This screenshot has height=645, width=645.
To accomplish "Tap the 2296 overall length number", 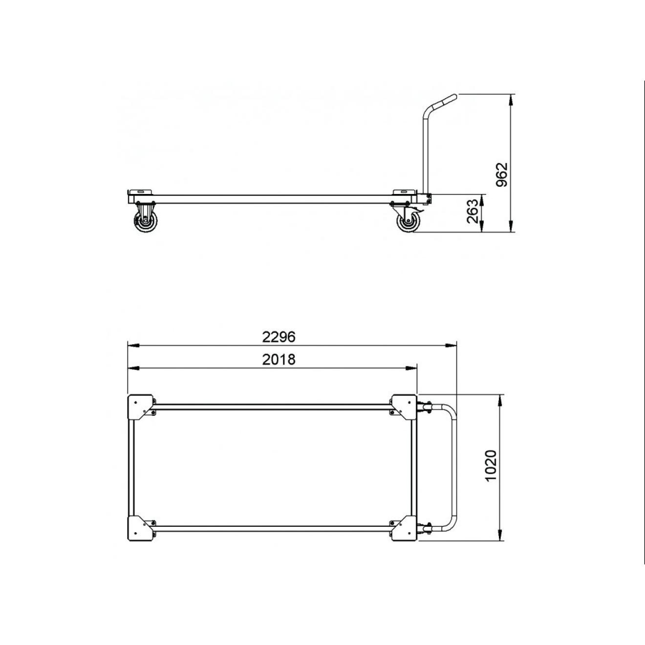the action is tap(279, 337).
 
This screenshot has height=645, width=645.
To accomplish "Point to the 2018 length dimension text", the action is tap(279, 359).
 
